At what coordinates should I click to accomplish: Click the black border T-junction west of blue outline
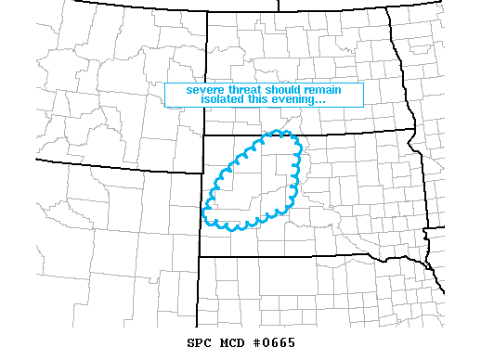[x=204, y=172]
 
